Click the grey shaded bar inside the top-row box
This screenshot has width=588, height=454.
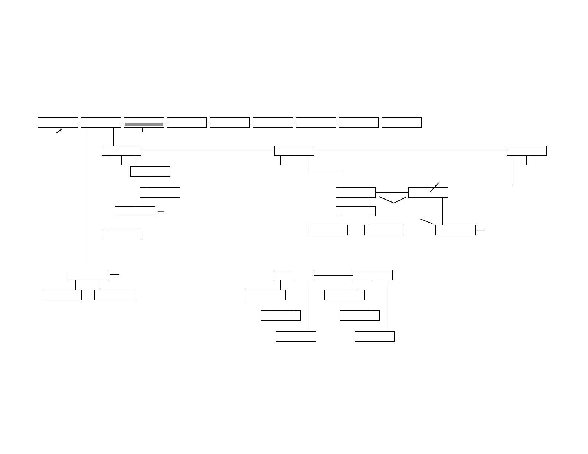coord(144,124)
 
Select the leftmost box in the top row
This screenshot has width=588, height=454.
coord(58,122)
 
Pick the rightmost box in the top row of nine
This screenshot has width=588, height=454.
coord(402,122)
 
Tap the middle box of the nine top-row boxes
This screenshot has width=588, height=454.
coord(230,122)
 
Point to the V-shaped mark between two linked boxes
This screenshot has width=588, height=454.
coord(393,200)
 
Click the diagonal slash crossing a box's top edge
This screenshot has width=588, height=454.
coord(434,187)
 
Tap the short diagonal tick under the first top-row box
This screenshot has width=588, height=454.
coord(59,131)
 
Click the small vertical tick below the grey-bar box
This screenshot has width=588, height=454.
coord(143,130)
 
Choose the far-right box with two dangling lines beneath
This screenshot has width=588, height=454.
coord(527,151)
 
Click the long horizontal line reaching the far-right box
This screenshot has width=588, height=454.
coord(410,151)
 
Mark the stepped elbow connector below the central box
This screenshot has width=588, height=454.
coord(325,171)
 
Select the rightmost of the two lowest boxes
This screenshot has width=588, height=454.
coord(375,336)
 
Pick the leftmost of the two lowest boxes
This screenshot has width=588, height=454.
coord(296,336)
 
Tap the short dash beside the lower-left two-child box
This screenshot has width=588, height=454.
coord(114,275)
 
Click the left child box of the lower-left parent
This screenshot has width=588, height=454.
coord(62,295)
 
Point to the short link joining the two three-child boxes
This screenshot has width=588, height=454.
coord(333,276)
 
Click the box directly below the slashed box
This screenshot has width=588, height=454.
coord(455,230)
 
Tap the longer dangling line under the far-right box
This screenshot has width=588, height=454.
coord(513,171)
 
